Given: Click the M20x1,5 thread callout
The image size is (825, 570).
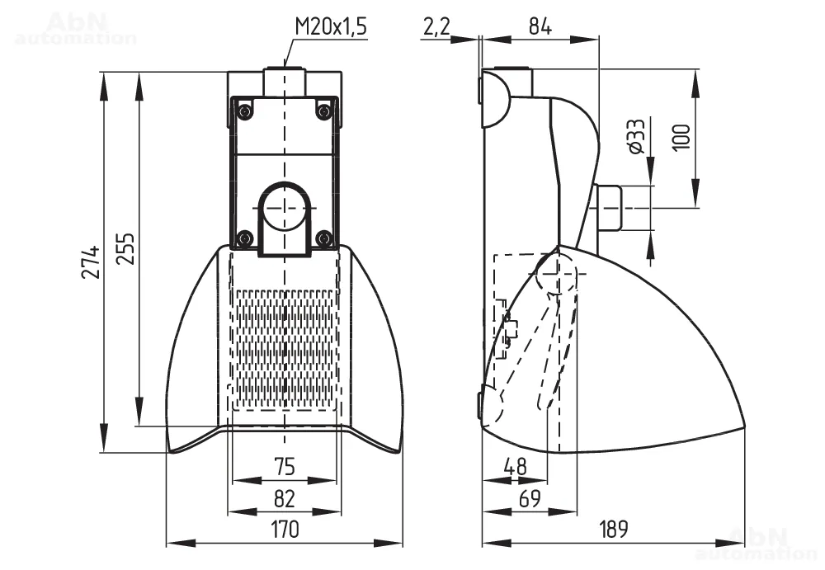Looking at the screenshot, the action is (330, 26).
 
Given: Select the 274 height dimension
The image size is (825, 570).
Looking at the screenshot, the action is (91, 261).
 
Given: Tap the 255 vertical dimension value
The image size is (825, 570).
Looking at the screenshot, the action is (125, 248).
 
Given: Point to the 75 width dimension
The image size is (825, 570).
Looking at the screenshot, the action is (285, 467).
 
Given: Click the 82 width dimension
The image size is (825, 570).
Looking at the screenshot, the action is (285, 498).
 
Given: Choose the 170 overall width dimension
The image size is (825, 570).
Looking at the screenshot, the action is (285, 529).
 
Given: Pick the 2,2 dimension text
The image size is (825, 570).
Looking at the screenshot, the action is (436, 26).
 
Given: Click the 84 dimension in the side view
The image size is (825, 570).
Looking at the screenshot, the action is (540, 26).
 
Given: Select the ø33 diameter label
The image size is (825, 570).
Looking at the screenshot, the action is (636, 136).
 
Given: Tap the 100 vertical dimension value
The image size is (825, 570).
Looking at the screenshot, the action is (681, 138).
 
